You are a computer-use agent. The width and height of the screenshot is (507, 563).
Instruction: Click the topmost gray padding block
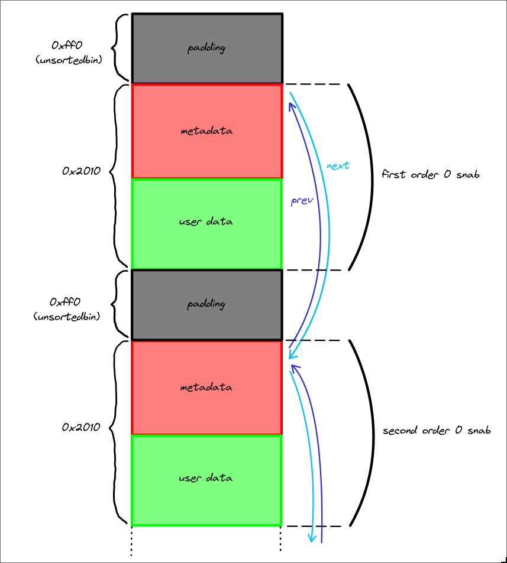[x=206, y=48]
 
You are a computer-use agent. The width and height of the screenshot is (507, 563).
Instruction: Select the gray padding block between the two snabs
[x=206, y=305]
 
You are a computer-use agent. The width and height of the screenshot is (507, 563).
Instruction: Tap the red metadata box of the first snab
[x=206, y=131]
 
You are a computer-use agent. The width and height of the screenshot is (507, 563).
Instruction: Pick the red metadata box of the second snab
[x=206, y=388]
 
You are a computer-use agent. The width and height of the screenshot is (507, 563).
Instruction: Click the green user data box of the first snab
[x=206, y=222]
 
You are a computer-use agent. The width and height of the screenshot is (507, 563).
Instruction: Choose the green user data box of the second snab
[x=206, y=478]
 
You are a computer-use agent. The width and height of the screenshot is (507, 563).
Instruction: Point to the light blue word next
[x=338, y=166]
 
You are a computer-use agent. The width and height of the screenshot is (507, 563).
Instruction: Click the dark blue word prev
[x=301, y=200]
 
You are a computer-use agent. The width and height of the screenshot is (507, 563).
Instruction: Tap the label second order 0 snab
[x=437, y=431]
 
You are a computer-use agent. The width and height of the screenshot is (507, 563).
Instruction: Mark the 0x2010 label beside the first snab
[x=81, y=171]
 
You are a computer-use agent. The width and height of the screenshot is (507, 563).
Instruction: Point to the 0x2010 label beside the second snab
[x=81, y=427]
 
